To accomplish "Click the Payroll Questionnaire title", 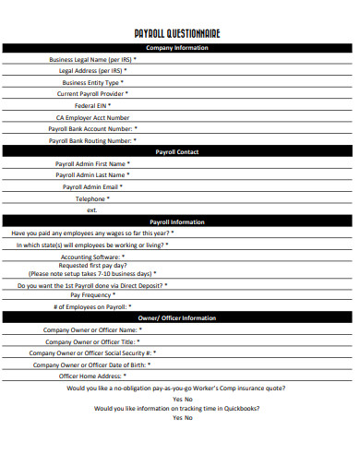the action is click(177, 34).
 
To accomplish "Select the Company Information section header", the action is click(177, 48).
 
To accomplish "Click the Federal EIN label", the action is click(106, 105).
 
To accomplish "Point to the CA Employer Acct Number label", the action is click(93, 117).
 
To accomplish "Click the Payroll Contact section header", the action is click(177, 152).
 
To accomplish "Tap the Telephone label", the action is click(91, 198).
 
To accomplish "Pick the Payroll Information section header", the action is click(177, 221).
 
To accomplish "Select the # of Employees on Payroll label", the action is click(92, 306).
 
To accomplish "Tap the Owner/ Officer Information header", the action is click(177, 318).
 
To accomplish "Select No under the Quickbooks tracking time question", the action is click(188, 418).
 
